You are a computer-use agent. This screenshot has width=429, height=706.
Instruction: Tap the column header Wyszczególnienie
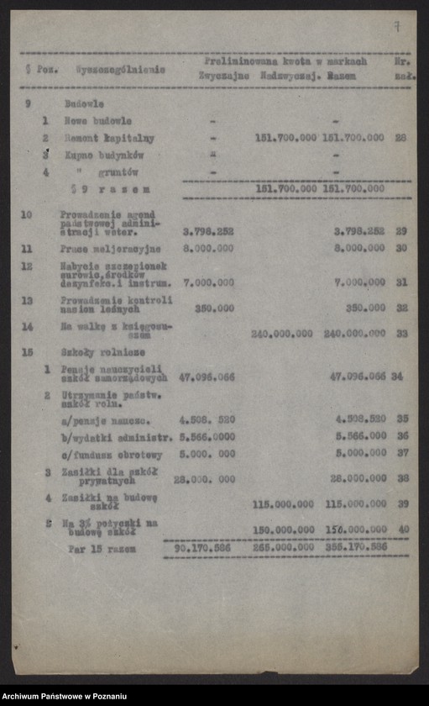click(119, 70)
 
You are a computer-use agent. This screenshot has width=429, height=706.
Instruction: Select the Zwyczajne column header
click(222, 76)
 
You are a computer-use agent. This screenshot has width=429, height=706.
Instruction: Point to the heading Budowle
click(84, 103)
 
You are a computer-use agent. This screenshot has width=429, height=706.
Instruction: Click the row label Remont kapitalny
click(102, 137)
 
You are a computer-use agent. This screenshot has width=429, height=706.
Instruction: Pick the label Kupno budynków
click(104, 155)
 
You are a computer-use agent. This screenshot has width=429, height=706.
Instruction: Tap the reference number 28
click(400, 137)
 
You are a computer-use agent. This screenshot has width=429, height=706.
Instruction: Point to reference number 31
click(401, 282)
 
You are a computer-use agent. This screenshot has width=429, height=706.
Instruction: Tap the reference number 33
click(401, 334)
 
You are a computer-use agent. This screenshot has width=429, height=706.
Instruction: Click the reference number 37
click(402, 452)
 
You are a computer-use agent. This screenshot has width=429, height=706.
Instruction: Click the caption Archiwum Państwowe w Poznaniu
click(64, 697)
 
